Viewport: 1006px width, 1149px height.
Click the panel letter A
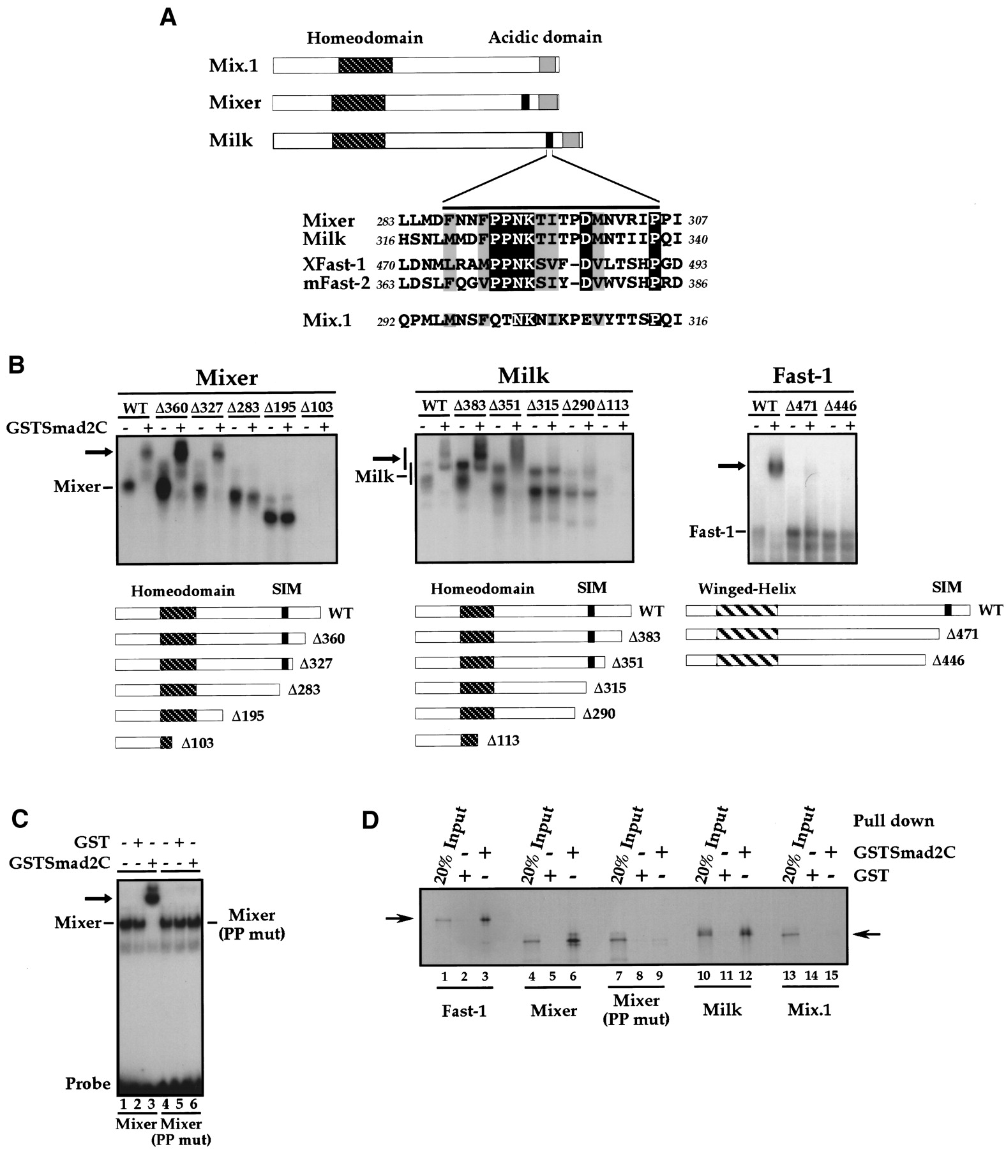coord(168,17)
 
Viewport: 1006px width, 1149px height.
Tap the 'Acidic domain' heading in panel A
coord(545,37)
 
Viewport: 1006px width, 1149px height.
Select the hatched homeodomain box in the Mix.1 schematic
coord(365,64)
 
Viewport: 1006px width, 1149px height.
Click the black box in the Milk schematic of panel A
coord(549,140)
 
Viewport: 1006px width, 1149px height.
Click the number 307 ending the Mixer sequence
coord(698,221)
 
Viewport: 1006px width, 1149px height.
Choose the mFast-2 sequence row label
coord(336,282)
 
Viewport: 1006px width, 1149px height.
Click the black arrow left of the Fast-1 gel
coord(732,466)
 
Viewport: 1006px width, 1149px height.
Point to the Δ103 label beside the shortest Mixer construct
coord(198,743)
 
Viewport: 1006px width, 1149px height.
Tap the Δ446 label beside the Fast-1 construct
coord(949,661)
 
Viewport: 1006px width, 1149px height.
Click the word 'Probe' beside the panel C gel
coord(88,1084)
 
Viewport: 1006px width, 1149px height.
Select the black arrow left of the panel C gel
coord(98,898)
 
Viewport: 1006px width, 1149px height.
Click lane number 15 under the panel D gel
coord(831,976)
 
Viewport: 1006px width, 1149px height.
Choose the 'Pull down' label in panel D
coord(894,821)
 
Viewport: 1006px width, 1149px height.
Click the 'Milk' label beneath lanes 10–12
coord(723,1009)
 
